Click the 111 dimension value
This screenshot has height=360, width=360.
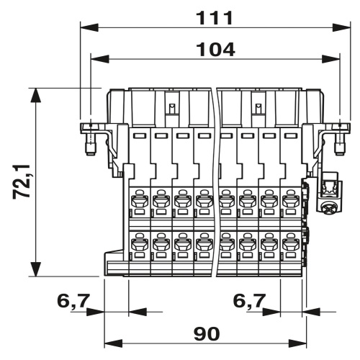pos(215,18)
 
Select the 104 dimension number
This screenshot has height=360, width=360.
pos(216,50)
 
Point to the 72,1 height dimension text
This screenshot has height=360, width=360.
pos(22,181)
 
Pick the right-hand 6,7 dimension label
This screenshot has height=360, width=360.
pos(249,300)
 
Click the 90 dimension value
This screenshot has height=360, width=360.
pos(207,334)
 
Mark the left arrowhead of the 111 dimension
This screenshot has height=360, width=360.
pos(89,27)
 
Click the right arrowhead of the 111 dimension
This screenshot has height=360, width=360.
pos(341,27)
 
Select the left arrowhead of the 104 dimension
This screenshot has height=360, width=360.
pos(100,59)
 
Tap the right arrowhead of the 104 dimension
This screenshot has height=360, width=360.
pos(331,59)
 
